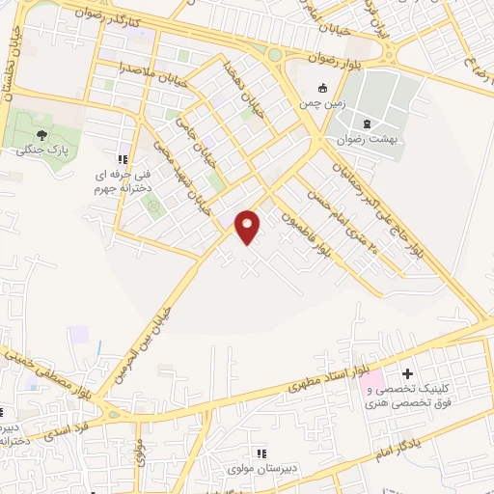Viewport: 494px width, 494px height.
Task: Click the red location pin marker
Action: pos(248,226)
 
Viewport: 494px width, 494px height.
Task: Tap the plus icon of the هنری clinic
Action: pos(407,373)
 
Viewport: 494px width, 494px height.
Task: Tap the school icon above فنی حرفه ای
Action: pos(122,159)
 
